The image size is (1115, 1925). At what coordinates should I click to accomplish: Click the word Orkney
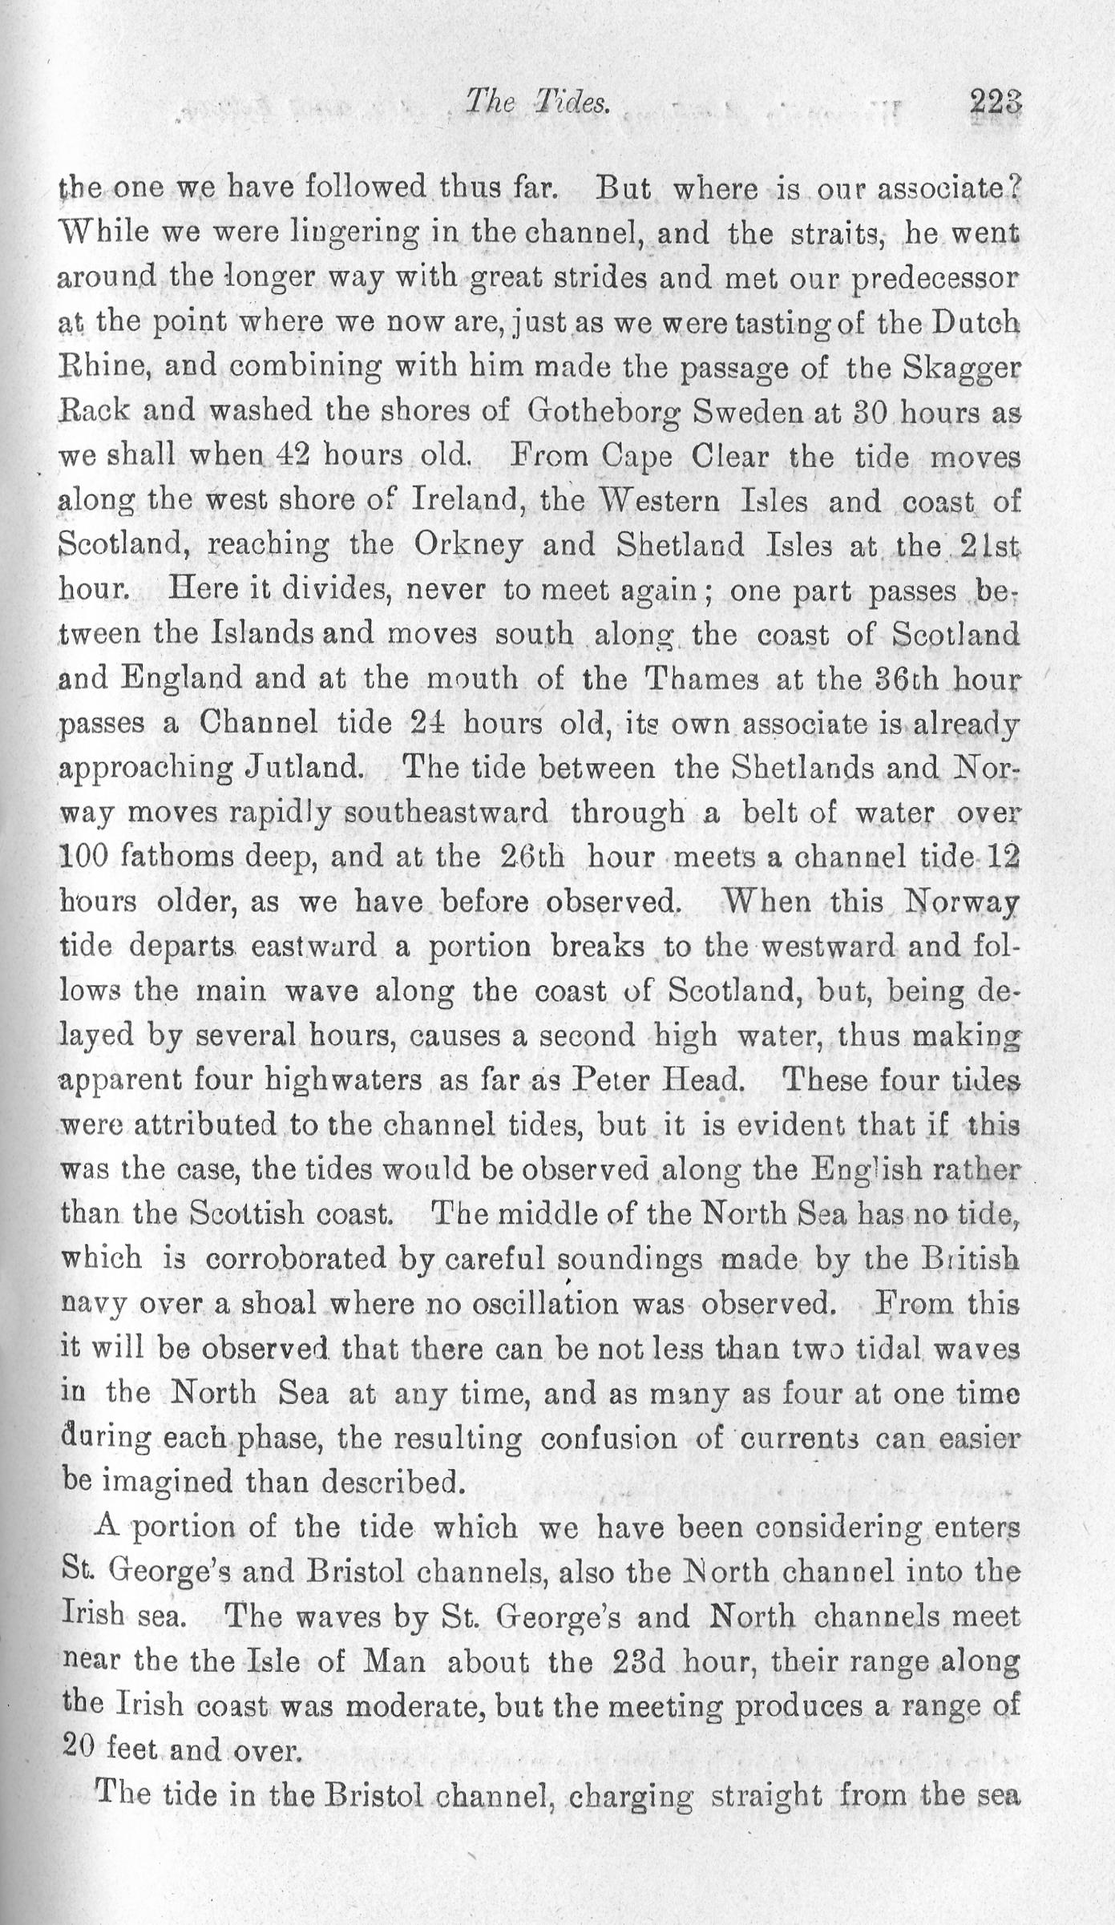click(469, 546)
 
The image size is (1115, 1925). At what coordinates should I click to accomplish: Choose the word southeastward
click(446, 813)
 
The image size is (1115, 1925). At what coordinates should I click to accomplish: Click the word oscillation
click(523, 1304)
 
